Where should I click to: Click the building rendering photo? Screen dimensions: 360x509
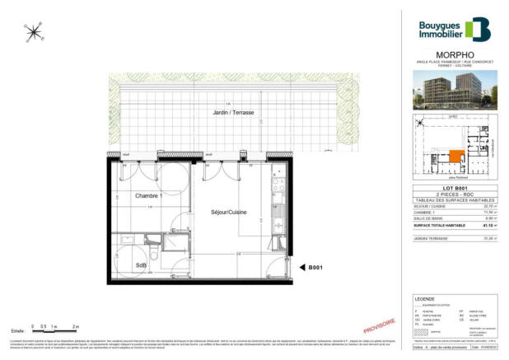(x=453, y=91)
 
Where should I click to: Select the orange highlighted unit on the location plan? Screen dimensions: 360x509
(x=456, y=157)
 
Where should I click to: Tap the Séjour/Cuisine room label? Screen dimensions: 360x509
(x=221, y=212)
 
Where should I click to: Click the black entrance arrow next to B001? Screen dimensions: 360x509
(x=299, y=267)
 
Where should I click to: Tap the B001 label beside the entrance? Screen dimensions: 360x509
(x=315, y=267)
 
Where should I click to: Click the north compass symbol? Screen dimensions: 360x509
(x=34, y=32)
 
